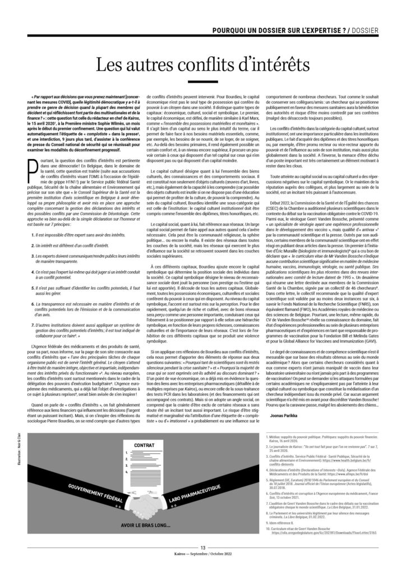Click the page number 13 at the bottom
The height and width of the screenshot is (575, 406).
[202, 548]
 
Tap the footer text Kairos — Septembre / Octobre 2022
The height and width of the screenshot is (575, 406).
[202, 558]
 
